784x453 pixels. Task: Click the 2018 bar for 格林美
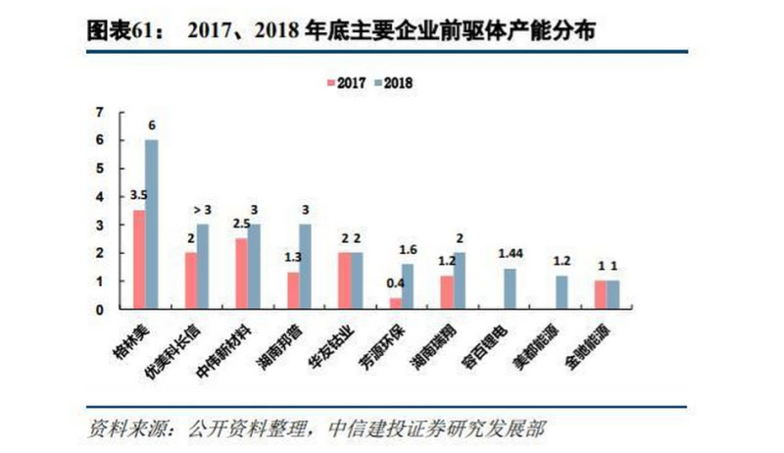click(151, 225)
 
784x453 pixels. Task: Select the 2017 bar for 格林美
click(138, 260)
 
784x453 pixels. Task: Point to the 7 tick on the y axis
click(99, 112)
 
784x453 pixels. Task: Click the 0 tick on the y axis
click(99, 310)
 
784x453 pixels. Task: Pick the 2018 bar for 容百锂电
click(509, 289)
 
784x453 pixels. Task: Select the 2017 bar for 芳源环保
click(395, 303)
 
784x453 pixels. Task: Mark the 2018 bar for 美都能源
click(562, 292)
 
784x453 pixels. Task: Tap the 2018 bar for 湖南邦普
click(305, 267)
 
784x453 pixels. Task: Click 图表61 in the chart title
click(118, 28)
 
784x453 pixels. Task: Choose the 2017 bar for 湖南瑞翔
click(448, 292)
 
